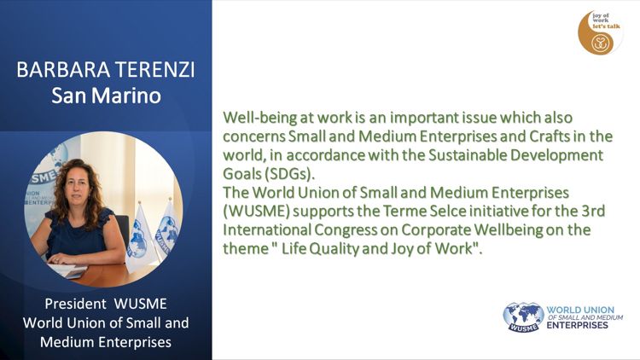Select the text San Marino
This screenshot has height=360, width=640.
pos(106,96)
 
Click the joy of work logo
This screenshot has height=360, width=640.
pos(599,33)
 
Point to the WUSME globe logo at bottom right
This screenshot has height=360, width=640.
pos(523,317)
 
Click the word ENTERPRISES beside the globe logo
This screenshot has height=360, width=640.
pos(577,325)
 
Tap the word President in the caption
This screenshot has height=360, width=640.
pos(75,304)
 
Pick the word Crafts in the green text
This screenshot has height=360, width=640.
pos(550,136)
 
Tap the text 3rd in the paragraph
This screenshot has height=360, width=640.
pos(593,211)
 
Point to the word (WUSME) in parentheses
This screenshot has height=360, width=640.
pos(256,212)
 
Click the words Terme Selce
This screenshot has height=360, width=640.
pos(424,211)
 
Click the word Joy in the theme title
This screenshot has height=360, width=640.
pos(402,249)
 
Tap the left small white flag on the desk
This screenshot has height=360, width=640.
pos(139,238)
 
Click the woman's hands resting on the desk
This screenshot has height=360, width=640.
pos(61,258)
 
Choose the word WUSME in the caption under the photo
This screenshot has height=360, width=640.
pos(141,304)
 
